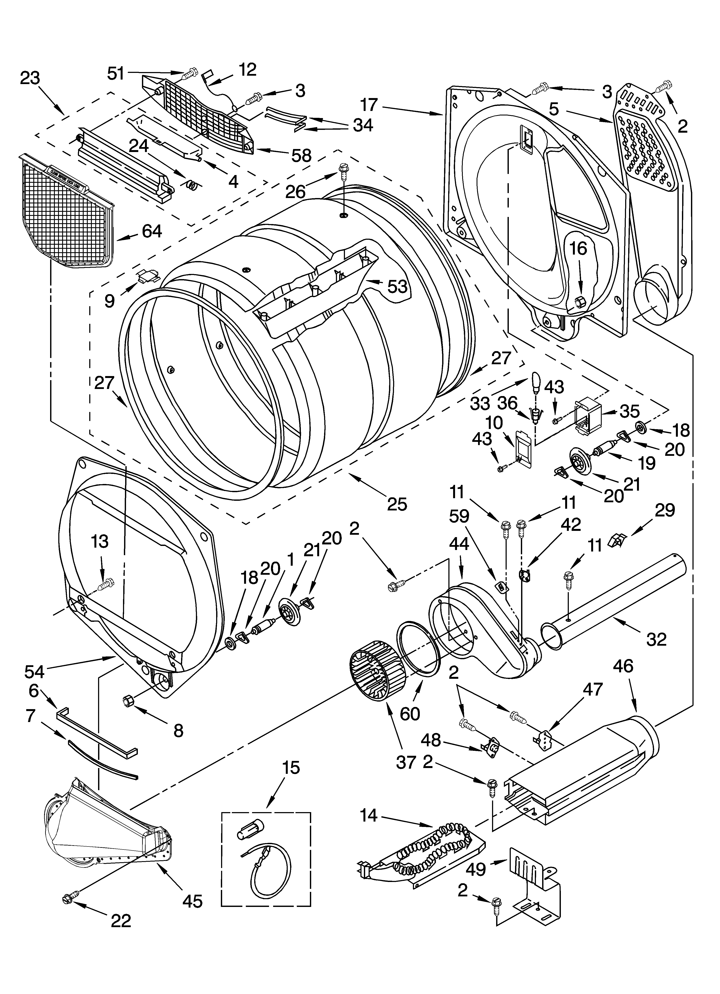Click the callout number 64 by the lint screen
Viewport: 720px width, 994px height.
[152, 231]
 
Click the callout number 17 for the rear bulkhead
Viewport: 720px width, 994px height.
[369, 105]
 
